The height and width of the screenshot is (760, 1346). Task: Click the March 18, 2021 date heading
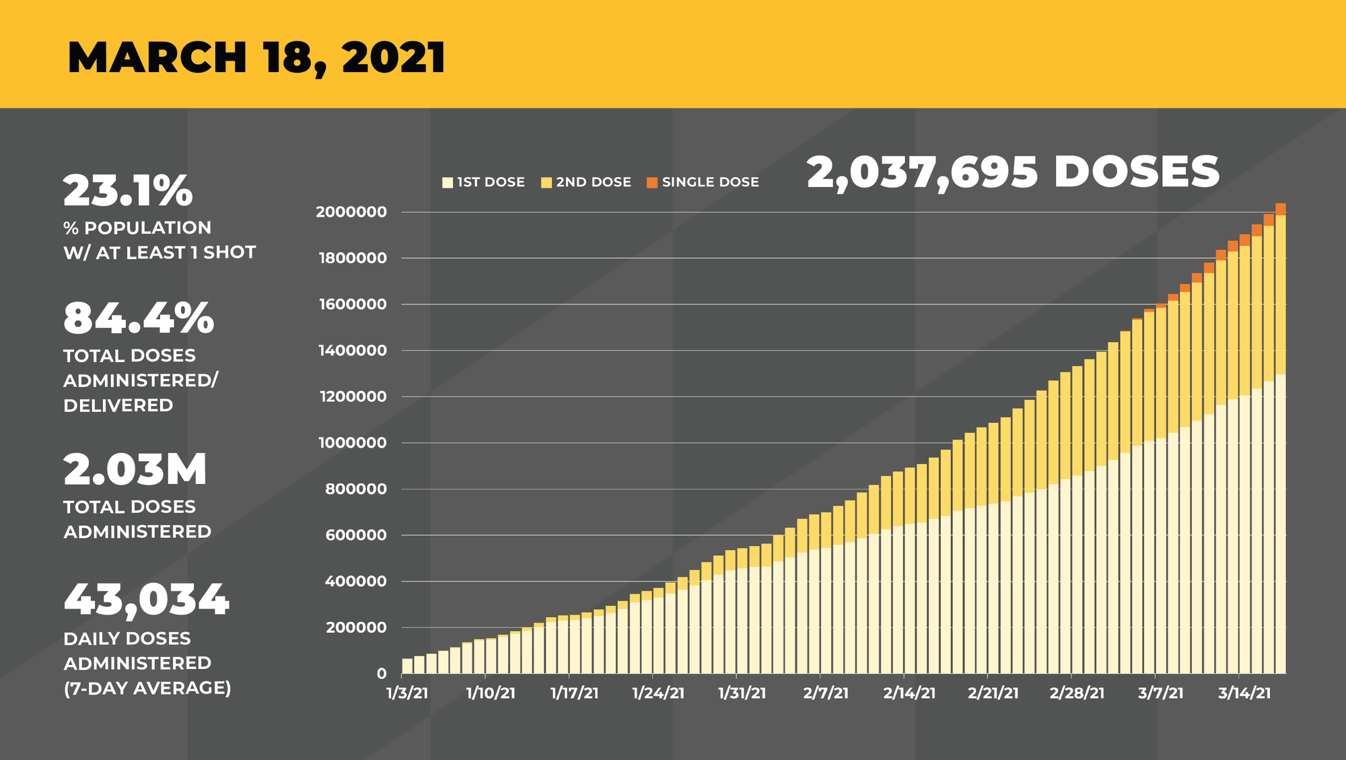click(x=256, y=58)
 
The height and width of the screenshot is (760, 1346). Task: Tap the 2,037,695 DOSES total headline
click(x=1013, y=172)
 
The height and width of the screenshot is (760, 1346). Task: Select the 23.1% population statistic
click(x=128, y=191)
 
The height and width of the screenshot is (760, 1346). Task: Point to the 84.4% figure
click(x=139, y=318)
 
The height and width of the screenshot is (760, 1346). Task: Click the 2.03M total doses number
click(x=135, y=470)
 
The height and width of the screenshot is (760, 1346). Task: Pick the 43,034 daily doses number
click(x=147, y=599)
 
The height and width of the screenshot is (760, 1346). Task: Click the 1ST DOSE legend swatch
click(x=448, y=182)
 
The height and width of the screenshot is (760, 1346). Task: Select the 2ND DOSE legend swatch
click(x=546, y=182)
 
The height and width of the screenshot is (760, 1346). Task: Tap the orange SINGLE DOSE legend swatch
click(x=651, y=182)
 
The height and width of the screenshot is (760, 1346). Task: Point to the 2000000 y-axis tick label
click(x=351, y=212)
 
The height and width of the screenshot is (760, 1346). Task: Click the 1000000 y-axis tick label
click(x=351, y=443)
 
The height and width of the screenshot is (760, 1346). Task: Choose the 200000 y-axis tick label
click(x=356, y=627)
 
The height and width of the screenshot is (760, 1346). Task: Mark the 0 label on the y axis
click(x=382, y=674)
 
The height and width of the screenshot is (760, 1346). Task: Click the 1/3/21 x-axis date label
click(x=407, y=693)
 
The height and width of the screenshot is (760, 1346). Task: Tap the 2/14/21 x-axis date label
click(x=909, y=693)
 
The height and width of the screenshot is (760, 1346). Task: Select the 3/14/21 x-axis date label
click(x=1244, y=693)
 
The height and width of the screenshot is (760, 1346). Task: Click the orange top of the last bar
click(x=1280, y=209)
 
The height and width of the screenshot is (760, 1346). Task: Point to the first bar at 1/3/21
click(x=407, y=666)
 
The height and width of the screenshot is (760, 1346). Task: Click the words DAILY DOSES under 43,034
click(x=127, y=638)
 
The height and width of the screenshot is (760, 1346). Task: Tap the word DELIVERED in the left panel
click(x=118, y=405)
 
